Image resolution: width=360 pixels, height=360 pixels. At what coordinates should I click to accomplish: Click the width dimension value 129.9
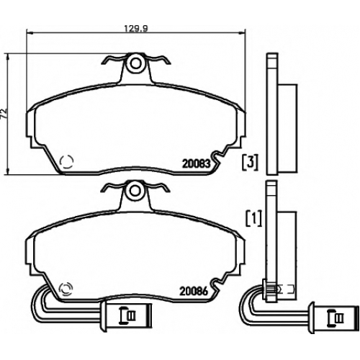click(136, 29)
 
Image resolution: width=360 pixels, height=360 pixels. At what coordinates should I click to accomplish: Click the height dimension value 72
click(4, 114)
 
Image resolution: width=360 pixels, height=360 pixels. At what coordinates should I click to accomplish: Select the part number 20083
click(197, 164)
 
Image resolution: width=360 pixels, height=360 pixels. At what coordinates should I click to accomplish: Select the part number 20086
click(194, 291)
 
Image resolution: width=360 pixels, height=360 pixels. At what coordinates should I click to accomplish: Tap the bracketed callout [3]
click(250, 162)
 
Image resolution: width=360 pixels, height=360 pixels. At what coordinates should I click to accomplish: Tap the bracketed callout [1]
click(254, 218)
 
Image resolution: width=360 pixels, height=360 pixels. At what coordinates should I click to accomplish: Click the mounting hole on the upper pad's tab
click(136, 63)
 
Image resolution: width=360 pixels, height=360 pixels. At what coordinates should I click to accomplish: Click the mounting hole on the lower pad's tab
click(135, 191)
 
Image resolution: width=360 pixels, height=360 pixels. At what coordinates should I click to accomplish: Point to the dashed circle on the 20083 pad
click(66, 161)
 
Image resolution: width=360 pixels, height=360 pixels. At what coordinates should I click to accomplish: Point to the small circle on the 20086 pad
click(66, 289)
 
